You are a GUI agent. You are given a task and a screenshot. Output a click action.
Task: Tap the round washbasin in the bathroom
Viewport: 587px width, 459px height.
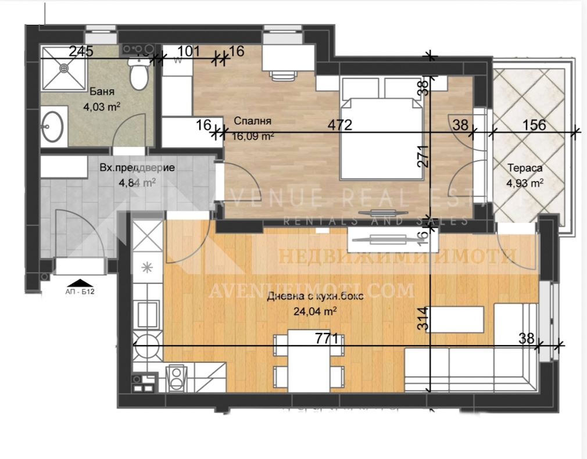(x=53, y=126)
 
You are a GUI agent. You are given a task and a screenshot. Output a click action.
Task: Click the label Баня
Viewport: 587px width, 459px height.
(x=102, y=92)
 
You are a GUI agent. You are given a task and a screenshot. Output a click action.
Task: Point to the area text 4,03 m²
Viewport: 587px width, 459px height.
(x=102, y=106)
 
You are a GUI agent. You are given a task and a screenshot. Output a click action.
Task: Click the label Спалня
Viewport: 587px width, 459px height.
(x=253, y=121)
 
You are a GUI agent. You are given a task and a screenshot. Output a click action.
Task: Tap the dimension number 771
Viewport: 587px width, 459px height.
(x=327, y=338)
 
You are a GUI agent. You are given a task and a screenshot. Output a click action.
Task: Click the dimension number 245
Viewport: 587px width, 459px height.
(x=81, y=51)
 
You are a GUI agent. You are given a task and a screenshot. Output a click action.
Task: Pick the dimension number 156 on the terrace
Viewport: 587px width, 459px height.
(x=534, y=124)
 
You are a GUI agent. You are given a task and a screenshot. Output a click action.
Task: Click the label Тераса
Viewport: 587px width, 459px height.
(x=525, y=168)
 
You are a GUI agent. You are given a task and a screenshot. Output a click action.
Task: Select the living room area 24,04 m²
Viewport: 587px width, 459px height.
(x=317, y=311)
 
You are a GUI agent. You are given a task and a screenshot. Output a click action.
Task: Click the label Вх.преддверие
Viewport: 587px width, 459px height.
(x=137, y=168)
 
